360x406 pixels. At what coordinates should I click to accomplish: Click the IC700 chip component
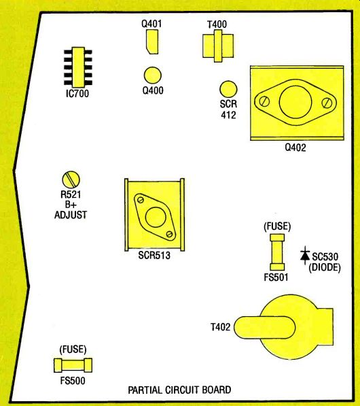tap(78, 67)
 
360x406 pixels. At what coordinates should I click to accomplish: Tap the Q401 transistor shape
tap(151, 42)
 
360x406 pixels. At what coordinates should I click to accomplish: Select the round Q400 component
tap(153, 75)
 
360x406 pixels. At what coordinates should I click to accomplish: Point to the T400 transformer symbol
tap(218, 46)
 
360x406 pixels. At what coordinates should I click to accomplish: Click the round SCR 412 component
tap(228, 89)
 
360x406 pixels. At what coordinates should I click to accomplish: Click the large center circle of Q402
tap(295, 102)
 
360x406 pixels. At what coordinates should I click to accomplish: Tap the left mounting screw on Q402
tap(264, 101)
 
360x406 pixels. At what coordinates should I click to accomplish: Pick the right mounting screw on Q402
tap(327, 103)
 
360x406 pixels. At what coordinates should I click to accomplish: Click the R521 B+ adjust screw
tap(71, 180)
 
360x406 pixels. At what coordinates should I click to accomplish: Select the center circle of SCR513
tap(156, 217)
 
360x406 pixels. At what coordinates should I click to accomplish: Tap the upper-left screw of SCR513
tap(141, 200)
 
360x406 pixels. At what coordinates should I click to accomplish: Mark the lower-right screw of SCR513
tap(169, 234)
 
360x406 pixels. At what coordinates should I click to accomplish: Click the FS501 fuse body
tap(277, 252)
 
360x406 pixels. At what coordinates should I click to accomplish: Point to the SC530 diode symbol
tap(305, 256)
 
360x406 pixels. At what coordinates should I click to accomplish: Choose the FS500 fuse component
tap(73, 365)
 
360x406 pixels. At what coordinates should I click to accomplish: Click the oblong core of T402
tap(265, 327)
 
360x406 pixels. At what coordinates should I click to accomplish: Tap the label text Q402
tap(295, 148)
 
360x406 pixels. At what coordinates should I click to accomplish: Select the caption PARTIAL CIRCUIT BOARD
tap(179, 390)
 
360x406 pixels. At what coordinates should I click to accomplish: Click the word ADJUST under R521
tap(71, 215)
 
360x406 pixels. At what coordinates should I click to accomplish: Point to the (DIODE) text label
tap(325, 267)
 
